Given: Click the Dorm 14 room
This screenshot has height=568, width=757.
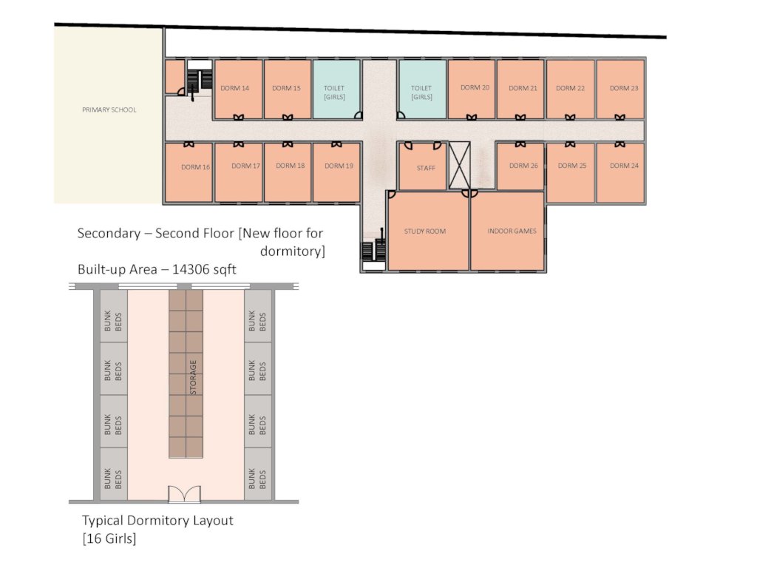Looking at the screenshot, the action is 239,89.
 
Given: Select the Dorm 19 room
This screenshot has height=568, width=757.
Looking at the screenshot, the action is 336,172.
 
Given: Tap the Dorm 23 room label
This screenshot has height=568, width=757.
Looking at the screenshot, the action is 624,88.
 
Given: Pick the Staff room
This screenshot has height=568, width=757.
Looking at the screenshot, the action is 423,166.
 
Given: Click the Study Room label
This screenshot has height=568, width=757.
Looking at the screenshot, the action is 425,231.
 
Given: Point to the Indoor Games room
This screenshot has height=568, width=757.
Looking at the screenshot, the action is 507,231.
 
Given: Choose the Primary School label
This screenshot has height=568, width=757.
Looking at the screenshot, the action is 109,109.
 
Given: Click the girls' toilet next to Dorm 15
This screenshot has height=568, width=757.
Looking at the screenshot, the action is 336,89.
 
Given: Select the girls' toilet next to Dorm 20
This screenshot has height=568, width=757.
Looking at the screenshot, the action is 422,89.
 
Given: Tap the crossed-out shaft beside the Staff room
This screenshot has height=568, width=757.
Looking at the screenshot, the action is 459,165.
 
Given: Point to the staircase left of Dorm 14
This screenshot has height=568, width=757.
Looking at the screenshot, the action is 200,81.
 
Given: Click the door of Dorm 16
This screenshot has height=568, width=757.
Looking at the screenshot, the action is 189,144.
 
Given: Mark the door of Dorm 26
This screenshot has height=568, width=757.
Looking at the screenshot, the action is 520,144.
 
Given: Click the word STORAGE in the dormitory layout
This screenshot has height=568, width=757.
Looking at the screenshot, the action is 193,377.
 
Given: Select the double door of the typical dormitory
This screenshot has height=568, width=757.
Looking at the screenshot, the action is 184,493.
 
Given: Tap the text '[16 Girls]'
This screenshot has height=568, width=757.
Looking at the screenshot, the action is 109,538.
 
